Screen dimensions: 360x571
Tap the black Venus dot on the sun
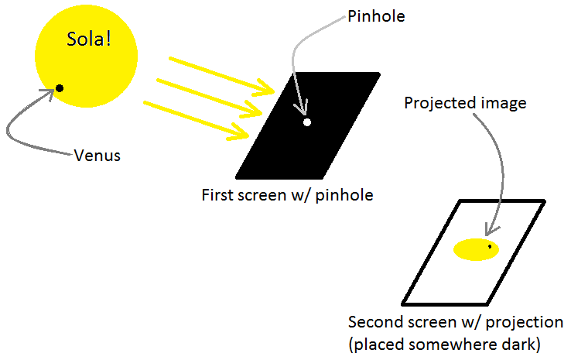pos(60,88)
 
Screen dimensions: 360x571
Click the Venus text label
pos(97,155)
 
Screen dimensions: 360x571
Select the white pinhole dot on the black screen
pos(307,122)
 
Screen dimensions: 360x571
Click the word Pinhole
pos(376,16)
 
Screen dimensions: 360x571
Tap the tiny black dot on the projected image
pos(490,247)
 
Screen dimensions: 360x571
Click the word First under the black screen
pos(219,195)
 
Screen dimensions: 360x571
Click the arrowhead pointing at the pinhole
pos(303,112)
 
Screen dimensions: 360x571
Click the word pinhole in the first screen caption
pos(347,195)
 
